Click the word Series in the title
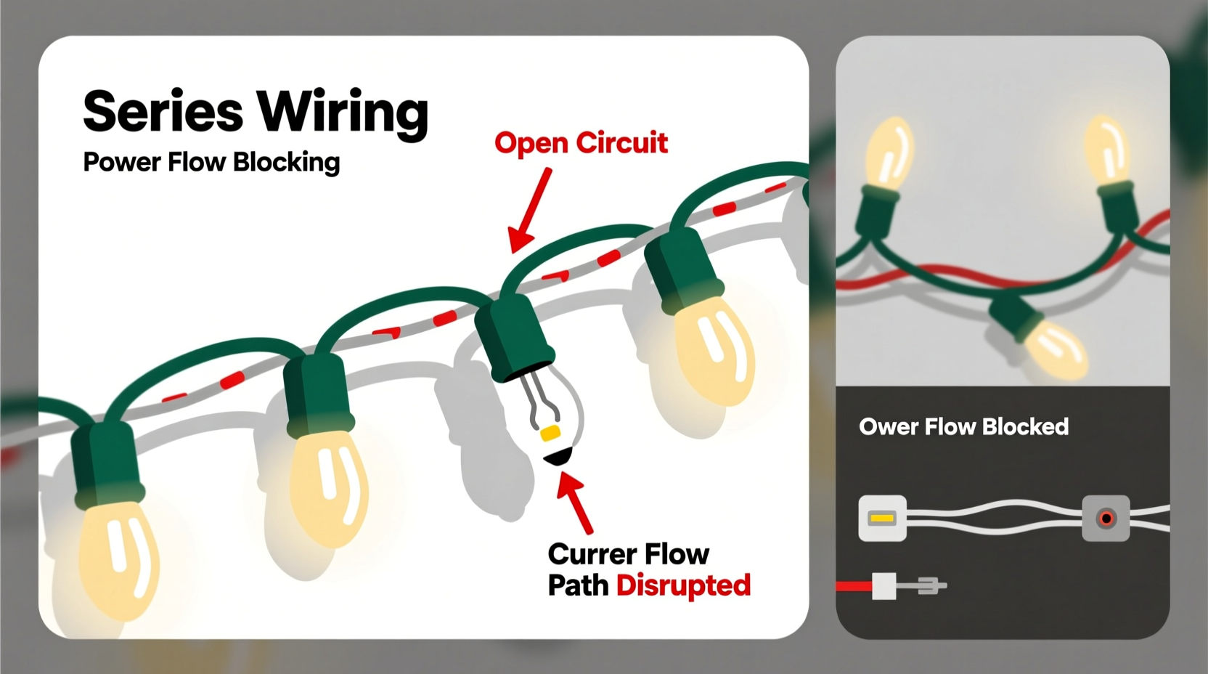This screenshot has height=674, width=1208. (x=163, y=111)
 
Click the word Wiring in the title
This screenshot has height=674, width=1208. (x=343, y=113)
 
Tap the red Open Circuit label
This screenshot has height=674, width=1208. (x=581, y=143)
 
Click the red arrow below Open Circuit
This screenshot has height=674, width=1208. (x=529, y=211)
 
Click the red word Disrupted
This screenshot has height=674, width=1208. (x=683, y=585)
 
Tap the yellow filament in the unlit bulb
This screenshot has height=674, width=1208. (x=550, y=434)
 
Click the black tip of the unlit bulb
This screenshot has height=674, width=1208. (x=558, y=457)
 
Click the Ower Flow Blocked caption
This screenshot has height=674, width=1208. (x=963, y=426)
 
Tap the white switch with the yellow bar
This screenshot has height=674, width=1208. (x=882, y=519)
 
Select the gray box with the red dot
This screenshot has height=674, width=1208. (x=1106, y=519)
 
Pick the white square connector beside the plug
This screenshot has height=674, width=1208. (x=883, y=585)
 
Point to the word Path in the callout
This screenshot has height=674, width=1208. (x=577, y=585)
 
